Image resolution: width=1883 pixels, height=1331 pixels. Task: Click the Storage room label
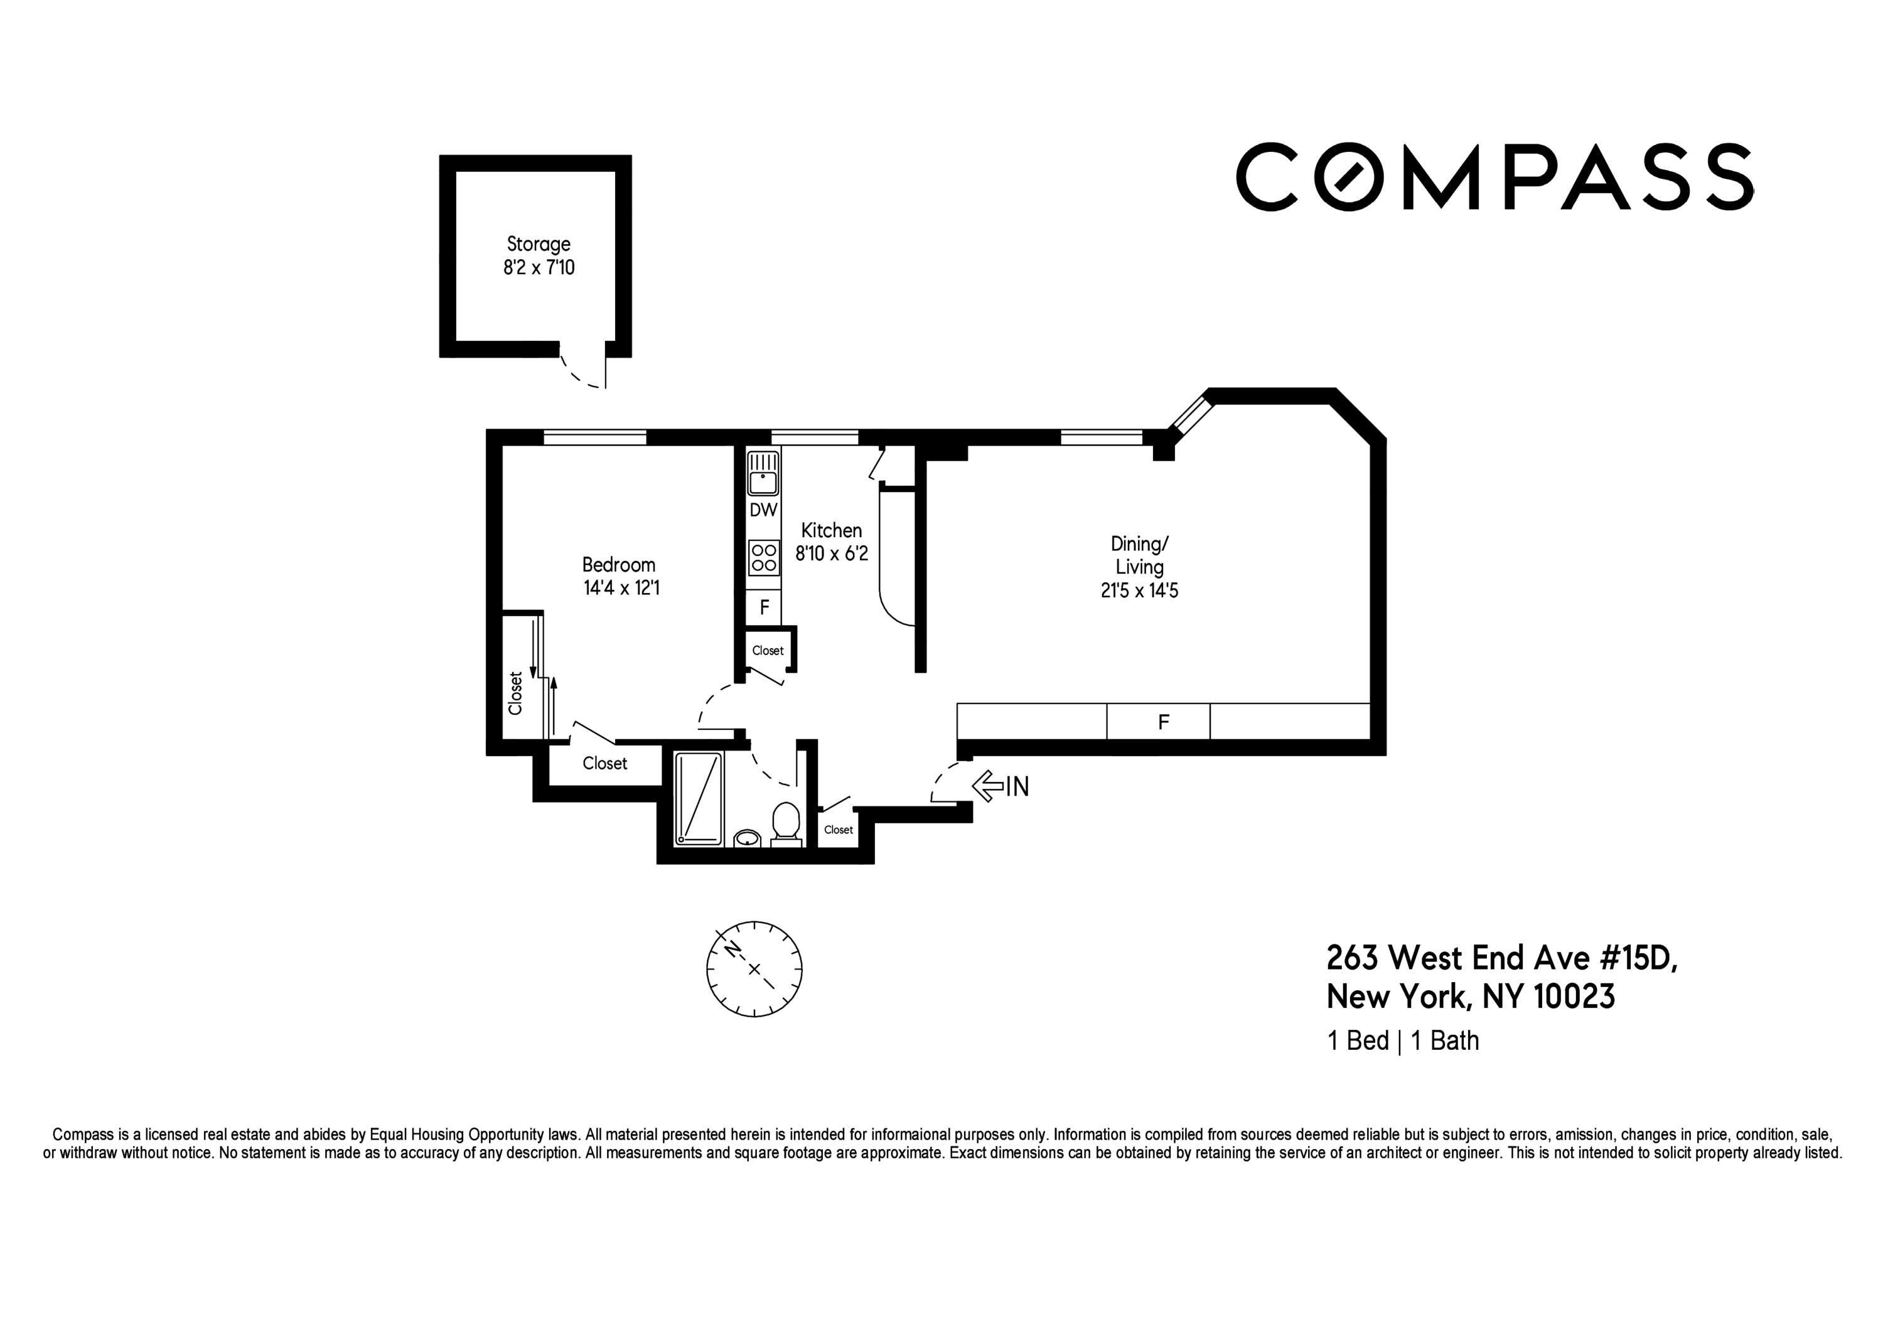click(x=538, y=244)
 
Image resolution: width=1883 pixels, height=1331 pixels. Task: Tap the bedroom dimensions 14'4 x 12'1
click(x=621, y=588)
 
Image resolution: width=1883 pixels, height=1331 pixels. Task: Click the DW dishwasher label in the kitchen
click(x=763, y=510)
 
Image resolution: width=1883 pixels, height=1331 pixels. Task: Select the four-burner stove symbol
click(x=763, y=558)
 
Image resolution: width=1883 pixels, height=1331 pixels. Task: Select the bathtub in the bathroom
click(x=699, y=799)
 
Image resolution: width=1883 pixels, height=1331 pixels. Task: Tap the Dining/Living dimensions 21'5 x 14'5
click(x=1139, y=591)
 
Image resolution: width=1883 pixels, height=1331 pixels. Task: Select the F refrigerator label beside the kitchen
click(x=763, y=607)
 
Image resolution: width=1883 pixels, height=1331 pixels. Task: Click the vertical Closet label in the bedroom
click(x=516, y=693)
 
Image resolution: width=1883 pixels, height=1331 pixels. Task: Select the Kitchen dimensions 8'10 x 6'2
click(x=831, y=553)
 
